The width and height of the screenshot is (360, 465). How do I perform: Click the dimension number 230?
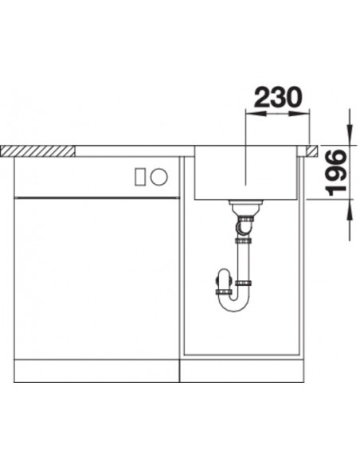tap(277, 97)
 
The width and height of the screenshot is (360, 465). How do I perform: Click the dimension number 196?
tap(336, 173)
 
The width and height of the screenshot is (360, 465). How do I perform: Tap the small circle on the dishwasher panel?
tap(158, 177)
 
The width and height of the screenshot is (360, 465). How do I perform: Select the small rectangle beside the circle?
tap(139, 177)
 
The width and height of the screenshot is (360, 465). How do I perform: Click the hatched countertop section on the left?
tap(37, 151)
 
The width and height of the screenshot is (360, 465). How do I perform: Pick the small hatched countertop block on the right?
tap(311, 151)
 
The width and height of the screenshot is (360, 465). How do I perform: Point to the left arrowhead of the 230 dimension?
tap(256, 113)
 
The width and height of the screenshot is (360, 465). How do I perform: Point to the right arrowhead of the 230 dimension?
tap(299, 113)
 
